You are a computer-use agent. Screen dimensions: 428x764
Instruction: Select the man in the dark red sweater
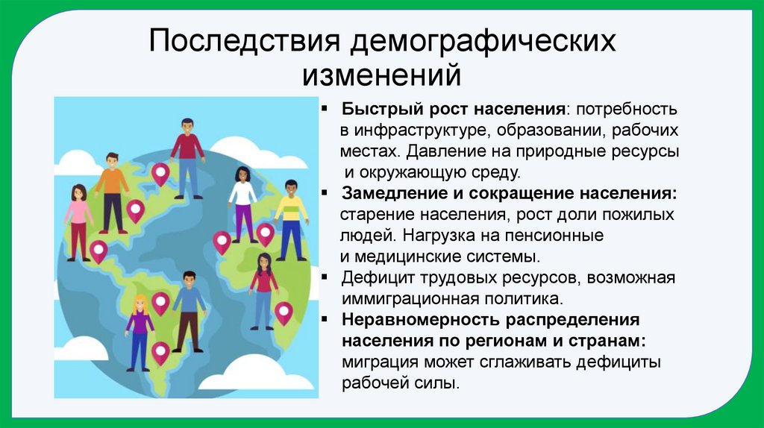187,157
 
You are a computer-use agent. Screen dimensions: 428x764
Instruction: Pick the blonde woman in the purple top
140,332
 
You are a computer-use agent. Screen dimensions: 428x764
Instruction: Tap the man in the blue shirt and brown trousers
189,309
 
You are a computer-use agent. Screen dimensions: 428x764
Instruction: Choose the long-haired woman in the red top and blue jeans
263,290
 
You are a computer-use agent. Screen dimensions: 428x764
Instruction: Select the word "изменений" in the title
381,75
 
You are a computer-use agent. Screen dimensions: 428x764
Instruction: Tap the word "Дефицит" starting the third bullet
374,279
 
